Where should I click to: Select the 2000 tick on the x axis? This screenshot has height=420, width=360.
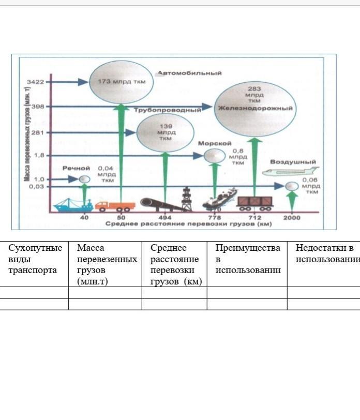point(292,217)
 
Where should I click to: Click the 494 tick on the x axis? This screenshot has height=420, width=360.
point(164,217)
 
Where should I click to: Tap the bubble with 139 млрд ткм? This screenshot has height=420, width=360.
point(165,132)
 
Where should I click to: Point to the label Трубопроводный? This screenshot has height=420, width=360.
point(167,110)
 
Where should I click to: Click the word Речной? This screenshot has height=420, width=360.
point(77,168)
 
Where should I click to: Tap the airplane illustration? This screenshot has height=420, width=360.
point(291,172)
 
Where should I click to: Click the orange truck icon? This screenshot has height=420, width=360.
point(115,206)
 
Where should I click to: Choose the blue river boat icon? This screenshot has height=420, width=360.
point(72,205)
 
